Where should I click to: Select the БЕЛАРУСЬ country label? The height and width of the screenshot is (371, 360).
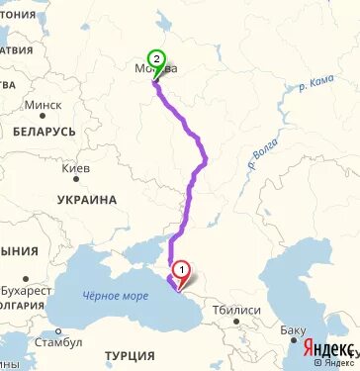click(45, 131)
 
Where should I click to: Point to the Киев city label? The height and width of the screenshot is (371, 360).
click(77, 169)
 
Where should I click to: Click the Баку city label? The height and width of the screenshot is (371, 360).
click(293, 329)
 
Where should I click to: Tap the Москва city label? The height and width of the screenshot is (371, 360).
click(156, 69)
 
